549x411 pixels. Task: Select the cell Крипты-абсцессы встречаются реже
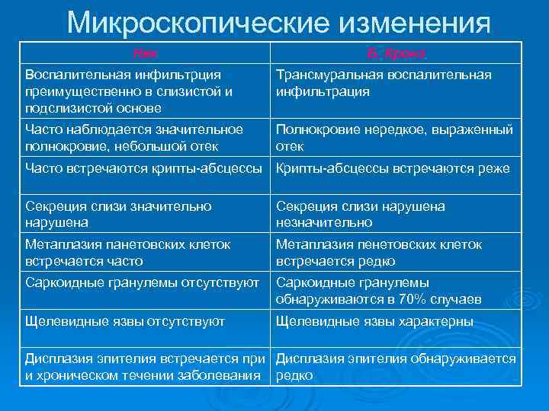click(392, 168)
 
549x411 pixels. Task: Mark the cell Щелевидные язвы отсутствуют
click(125, 321)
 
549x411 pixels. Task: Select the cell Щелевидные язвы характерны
click(374, 321)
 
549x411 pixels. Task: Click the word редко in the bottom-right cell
click(294, 376)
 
